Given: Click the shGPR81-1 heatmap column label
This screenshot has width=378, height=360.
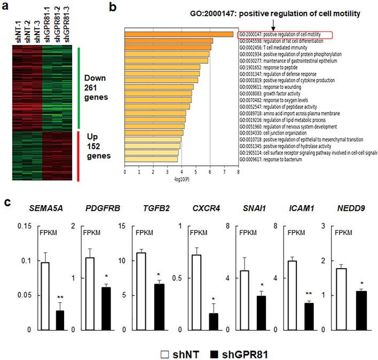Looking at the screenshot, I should pos(47,25).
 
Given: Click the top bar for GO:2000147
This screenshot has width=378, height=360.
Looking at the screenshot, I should pos(179,35).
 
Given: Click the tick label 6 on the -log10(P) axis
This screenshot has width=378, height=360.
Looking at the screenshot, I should pos(210,173).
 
